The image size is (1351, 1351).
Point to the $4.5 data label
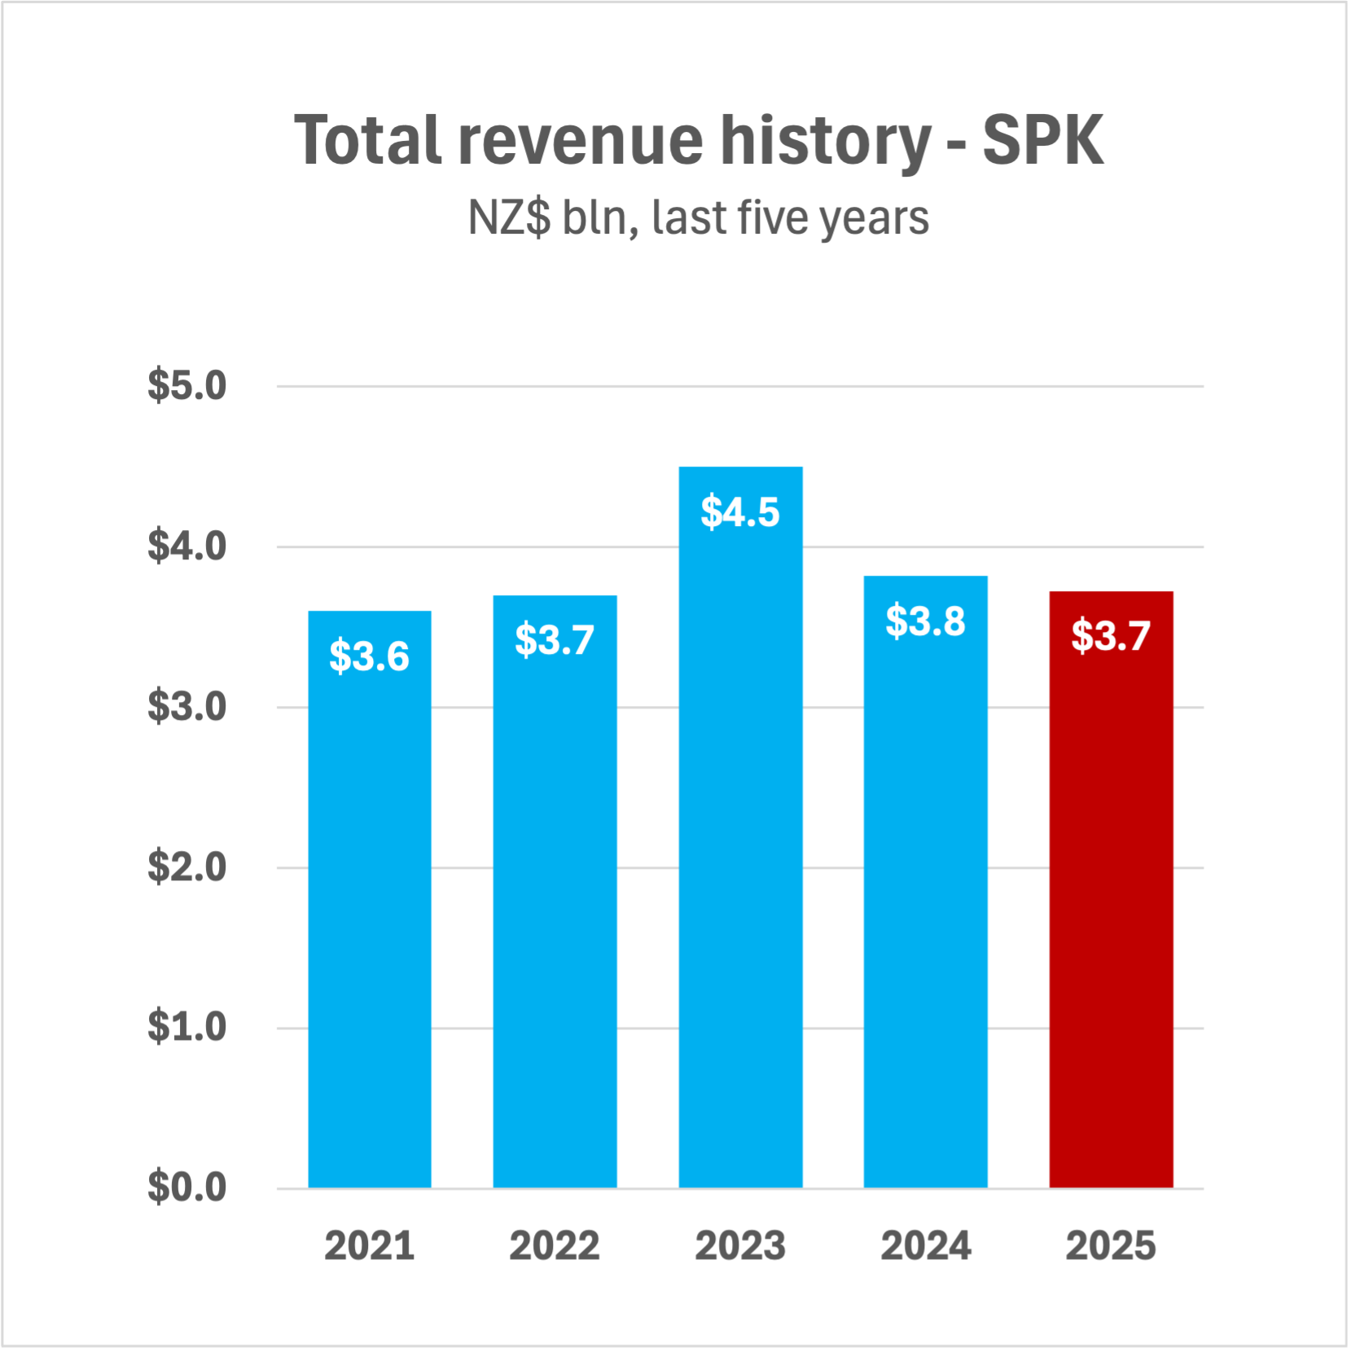pyautogui.click(x=740, y=512)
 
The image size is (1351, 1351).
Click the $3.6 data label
pyautogui.click(x=369, y=656)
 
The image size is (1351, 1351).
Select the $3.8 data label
pyautogui.click(x=925, y=621)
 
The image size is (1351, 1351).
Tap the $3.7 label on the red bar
pyautogui.click(x=1111, y=636)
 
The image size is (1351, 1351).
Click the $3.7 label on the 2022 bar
pyautogui.click(x=555, y=640)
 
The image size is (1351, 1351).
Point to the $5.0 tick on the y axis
pyautogui.click(x=186, y=386)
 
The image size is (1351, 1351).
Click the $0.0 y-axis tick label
pyautogui.click(x=186, y=1187)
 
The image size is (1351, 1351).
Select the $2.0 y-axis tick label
pyautogui.click(x=186, y=867)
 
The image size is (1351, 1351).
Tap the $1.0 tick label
pyautogui.click(x=186, y=1027)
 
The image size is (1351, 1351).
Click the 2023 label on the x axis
pyautogui.click(x=740, y=1246)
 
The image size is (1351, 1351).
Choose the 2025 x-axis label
pyautogui.click(x=1111, y=1246)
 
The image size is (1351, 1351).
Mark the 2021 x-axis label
pyautogui.click(x=369, y=1246)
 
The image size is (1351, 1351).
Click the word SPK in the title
pyautogui.click(x=1042, y=141)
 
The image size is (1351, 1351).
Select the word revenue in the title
pyautogui.click(x=580, y=141)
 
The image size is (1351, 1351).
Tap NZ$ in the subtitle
pyautogui.click(x=509, y=218)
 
